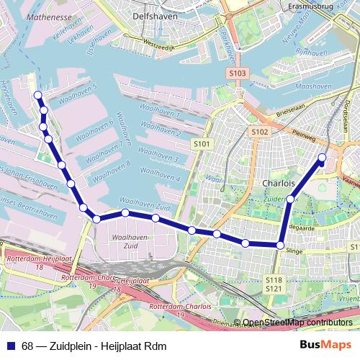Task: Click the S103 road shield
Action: (238, 73)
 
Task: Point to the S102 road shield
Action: (259, 132)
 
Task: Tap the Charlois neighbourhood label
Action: (279, 182)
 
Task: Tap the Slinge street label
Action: (294, 251)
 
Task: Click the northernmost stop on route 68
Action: (37, 95)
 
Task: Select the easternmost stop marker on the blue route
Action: (322, 157)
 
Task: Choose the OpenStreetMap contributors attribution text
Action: (297, 322)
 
